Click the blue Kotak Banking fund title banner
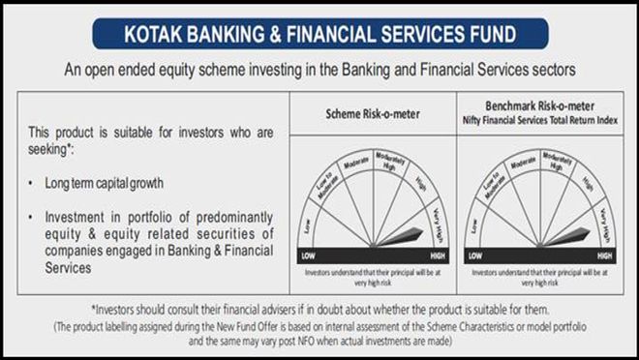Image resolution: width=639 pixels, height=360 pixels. click(319, 32)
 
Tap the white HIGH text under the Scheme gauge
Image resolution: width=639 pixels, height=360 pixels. click(437, 255)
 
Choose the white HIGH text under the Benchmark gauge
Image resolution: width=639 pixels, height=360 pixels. click(604, 255)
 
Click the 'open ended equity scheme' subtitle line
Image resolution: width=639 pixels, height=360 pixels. click(319, 70)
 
